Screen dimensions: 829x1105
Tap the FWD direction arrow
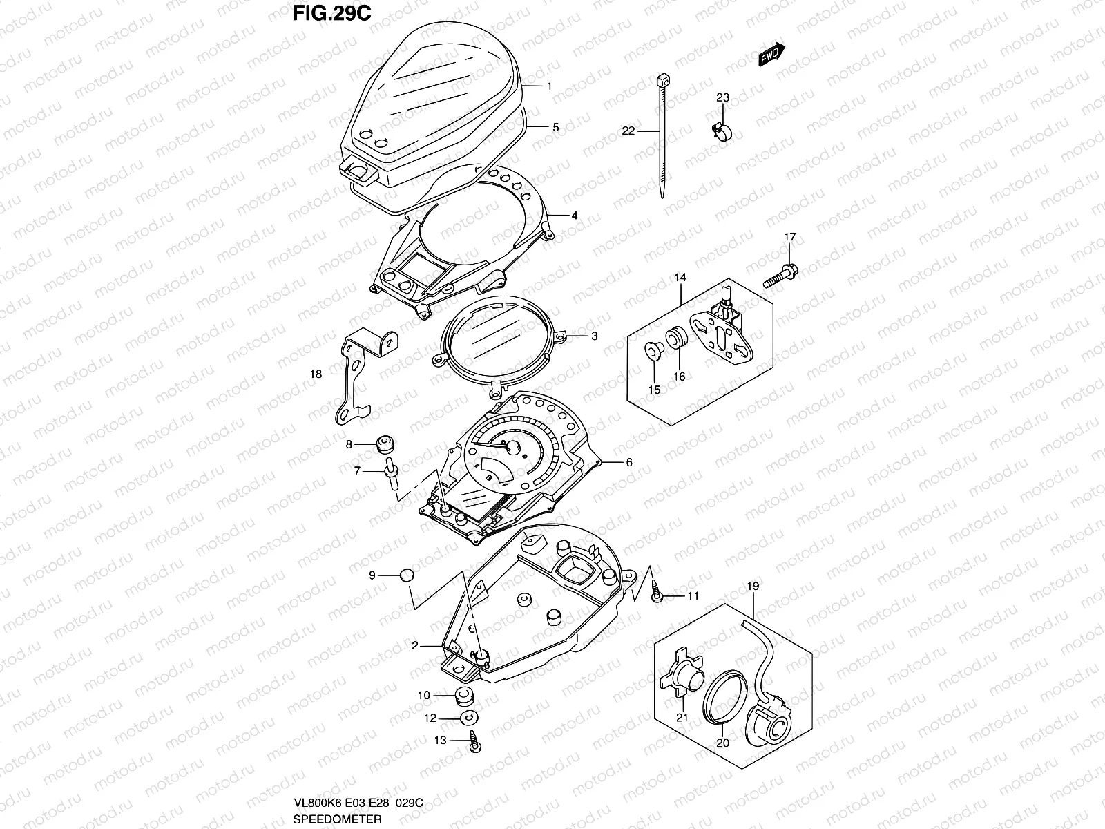[x=771, y=55]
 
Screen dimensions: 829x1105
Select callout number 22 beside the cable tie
[x=628, y=131]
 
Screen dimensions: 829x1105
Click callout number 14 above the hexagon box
[x=680, y=278]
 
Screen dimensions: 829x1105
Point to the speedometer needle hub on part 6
[x=513, y=447]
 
